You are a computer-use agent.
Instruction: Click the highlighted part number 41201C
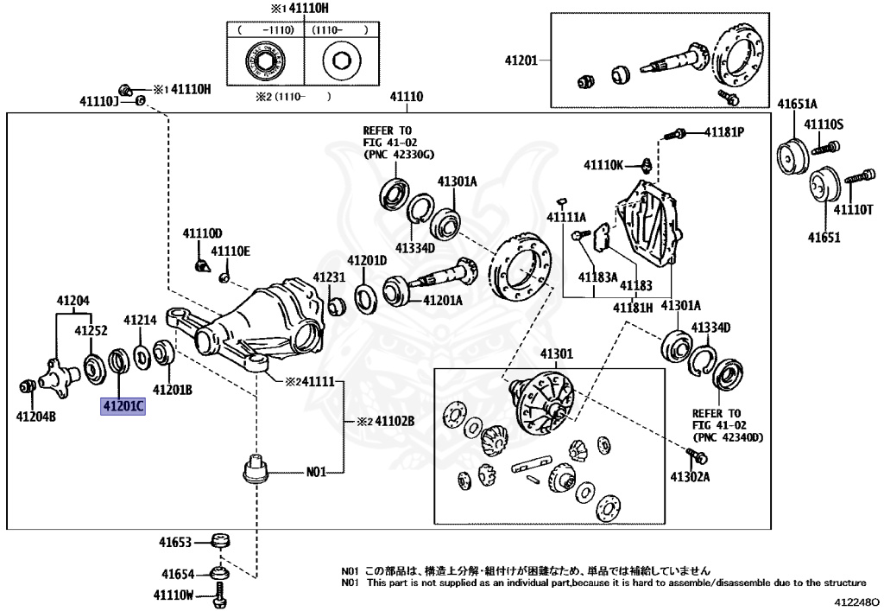(x=123, y=404)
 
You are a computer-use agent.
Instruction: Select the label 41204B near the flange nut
(x=35, y=416)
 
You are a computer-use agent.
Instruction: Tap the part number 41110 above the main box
(x=406, y=98)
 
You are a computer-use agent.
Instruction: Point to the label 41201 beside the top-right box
(x=521, y=60)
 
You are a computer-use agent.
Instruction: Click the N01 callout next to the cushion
(x=317, y=473)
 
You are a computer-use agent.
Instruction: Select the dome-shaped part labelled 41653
(x=224, y=542)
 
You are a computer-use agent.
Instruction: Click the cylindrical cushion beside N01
(x=255, y=470)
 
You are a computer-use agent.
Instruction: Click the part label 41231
(x=328, y=277)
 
